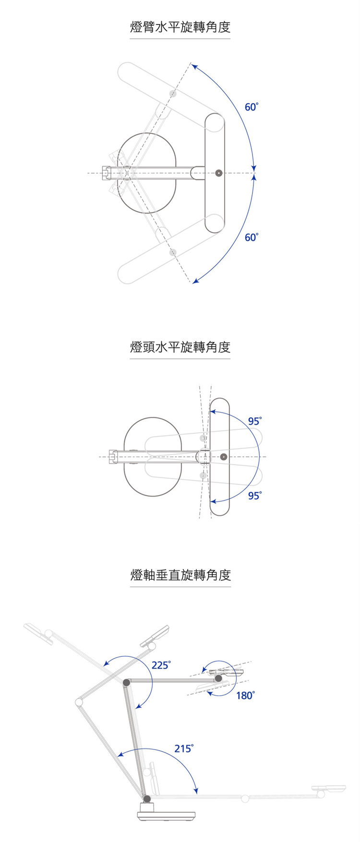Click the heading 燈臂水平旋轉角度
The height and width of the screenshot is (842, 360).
(x=180, y=27)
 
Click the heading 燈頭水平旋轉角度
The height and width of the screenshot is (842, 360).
(x=180, y=347)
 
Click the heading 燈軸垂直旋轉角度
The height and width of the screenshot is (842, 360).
(x=180, y=575)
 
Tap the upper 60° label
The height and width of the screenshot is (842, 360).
(x=252, y=107)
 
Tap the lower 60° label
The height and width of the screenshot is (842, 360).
(x=252, y=237)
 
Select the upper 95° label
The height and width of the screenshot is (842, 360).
(x=255, y=421)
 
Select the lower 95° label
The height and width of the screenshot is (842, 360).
(x=255, y=496)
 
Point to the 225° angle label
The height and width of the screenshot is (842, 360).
(x=161, y=665)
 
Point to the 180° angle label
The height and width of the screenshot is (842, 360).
(x=245, y=695)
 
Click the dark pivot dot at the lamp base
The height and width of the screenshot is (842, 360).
(x=147, y=798)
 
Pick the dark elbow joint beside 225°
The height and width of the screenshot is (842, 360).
(x=126, y=682)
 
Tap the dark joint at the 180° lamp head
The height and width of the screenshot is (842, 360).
(x=218, y=678)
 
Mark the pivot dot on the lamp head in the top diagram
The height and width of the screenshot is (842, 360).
(x=219, y=173)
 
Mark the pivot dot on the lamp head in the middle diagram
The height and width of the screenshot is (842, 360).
(x=224, y=456)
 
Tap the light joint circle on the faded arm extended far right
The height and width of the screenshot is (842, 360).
(x=245, y=798)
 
